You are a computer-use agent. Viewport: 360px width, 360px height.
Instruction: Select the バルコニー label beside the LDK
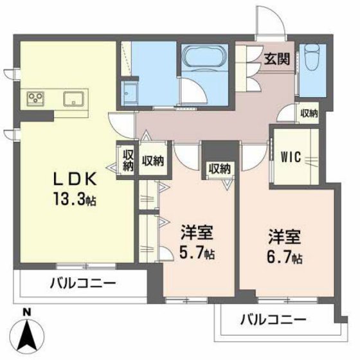tap(80, 283)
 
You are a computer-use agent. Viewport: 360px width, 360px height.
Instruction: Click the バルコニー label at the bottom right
tap(274, 318)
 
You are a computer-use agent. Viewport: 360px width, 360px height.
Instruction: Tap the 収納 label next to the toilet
tap(309, 114)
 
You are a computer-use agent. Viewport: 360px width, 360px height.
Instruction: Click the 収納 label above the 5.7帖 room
tap(219, 169)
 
